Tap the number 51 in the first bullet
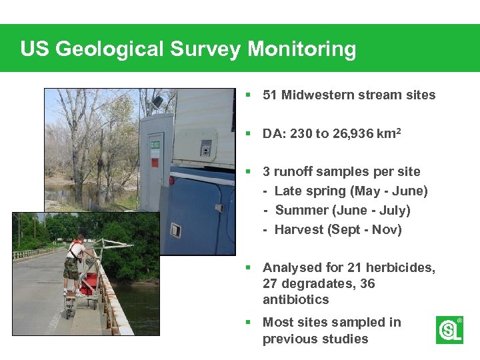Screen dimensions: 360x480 (270, 95)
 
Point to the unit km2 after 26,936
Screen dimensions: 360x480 (389, 133)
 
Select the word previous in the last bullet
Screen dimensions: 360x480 (288, 339)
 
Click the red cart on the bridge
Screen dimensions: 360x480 (89, 277)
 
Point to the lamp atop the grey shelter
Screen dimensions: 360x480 (157, 102)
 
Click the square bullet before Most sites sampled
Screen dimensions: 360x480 (248, 322)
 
